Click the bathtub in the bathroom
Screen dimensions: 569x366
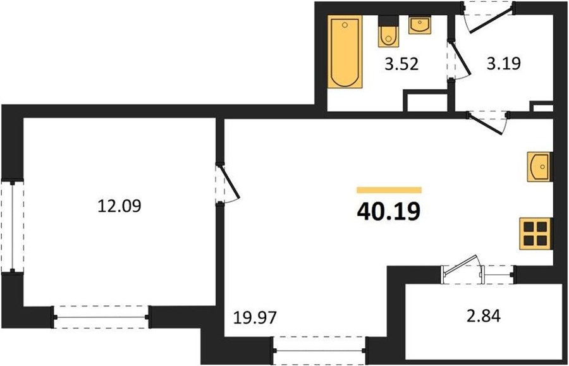point(345,51)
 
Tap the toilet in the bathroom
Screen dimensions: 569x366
point(388,32)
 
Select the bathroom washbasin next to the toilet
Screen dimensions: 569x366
point(420,25)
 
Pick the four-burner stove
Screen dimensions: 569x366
point(535,234)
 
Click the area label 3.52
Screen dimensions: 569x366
point(401,64)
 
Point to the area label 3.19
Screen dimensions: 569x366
point(504,63)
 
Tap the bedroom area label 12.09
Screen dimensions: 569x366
point(119,206)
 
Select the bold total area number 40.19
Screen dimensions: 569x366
point(389,212)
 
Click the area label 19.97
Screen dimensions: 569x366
point(255,318)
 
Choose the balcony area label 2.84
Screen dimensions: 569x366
point(484,315)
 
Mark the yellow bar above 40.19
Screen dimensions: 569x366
point(389,190)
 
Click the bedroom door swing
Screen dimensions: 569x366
point(228,183)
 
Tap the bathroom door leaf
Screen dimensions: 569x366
point(460,59)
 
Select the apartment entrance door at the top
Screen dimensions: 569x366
point(488,19)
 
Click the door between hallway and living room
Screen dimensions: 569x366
point(487,124)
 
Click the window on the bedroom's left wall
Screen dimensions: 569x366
point(13,226)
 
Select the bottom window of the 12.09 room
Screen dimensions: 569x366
point(101,317)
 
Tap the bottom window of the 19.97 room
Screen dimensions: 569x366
point(320,350)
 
